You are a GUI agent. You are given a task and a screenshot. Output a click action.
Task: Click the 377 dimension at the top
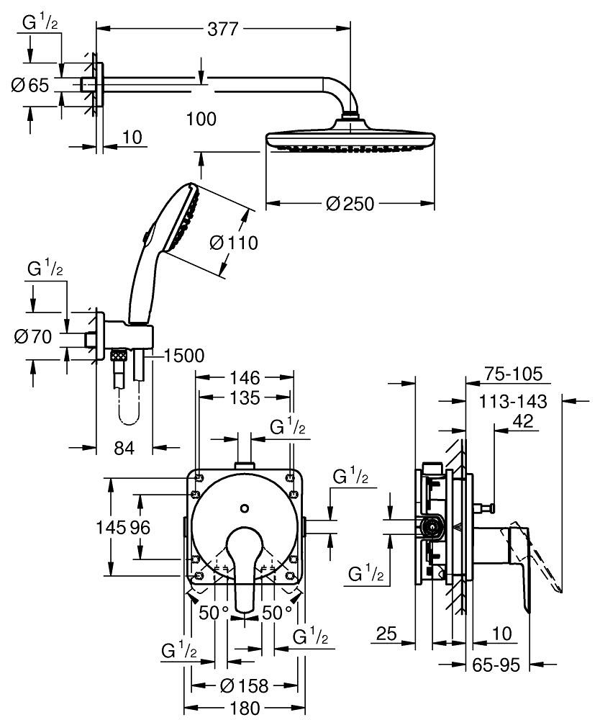coord(223,29)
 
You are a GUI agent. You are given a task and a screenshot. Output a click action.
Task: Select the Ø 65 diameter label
coord(30,86)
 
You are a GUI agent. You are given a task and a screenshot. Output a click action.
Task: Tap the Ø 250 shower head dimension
coord(350,204)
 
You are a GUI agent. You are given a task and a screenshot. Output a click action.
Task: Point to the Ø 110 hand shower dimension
coord(233,243)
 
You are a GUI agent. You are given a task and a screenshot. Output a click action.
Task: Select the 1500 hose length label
coord(184,355)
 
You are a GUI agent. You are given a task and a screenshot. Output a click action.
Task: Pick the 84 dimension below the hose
coord(124,448)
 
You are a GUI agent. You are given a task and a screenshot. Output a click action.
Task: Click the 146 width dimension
coord(245,377)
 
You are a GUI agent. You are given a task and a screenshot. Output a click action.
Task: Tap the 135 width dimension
coord(245,397)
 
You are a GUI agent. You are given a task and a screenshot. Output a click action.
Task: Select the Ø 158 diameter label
coord(245,687)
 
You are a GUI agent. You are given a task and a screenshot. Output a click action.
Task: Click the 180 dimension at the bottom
coord(245,708)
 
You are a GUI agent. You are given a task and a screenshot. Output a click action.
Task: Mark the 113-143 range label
coord(513,401)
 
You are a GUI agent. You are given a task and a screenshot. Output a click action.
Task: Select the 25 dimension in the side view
coord(386,634)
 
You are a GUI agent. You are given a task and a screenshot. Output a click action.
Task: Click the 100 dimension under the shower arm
coord(201,119)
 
